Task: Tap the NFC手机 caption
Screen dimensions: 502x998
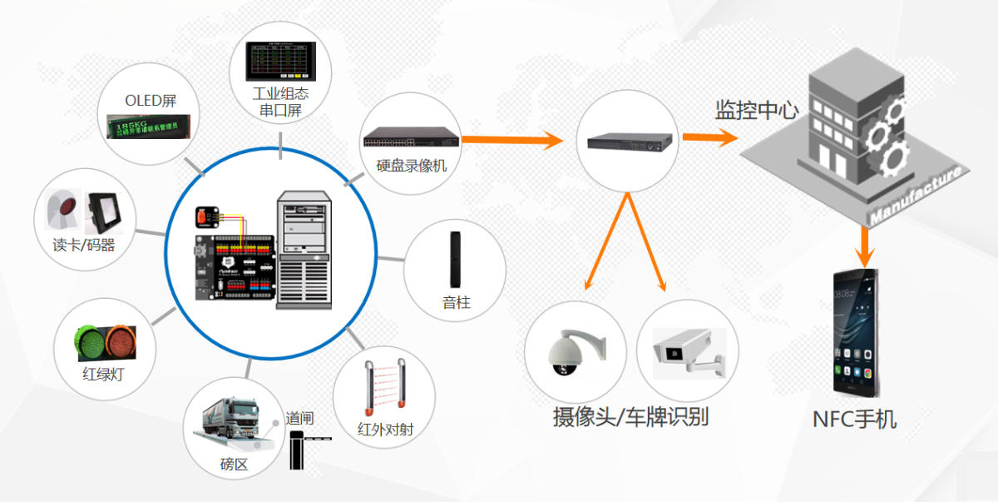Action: click(854, 419)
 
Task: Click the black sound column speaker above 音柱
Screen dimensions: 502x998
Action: click(456, 259)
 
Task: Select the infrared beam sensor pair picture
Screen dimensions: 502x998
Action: click(385, 382)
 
